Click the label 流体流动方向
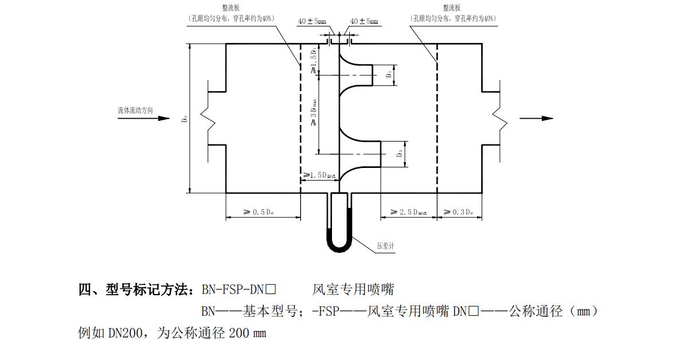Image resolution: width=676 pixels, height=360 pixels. point(135,110)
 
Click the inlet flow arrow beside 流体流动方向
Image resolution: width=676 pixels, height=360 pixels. point(161,119)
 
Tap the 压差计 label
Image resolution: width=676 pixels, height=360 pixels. point(386,245)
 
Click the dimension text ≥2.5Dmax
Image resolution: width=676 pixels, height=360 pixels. point(408,212)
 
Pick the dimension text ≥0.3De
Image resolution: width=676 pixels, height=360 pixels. point(459,212)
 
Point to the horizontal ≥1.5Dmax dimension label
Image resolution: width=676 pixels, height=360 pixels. point(319,175)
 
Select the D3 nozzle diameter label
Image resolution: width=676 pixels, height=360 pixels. point(400,154)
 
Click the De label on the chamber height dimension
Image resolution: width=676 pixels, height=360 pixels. point(184,119)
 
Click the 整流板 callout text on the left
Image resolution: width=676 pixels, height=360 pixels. point(231,8)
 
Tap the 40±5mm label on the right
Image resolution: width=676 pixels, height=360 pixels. point(364,21)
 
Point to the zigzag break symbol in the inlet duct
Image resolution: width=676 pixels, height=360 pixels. point(206,119)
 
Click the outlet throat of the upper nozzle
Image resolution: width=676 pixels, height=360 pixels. point(373,75)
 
